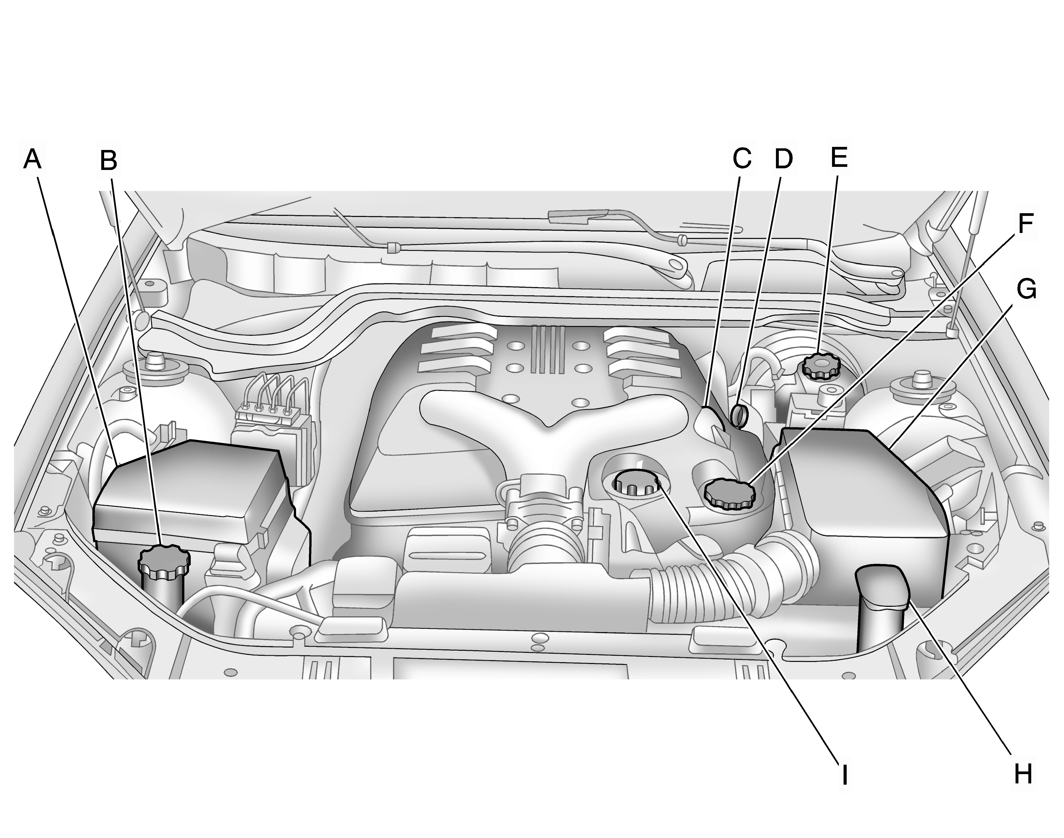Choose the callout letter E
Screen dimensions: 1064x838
pos(840,157)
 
